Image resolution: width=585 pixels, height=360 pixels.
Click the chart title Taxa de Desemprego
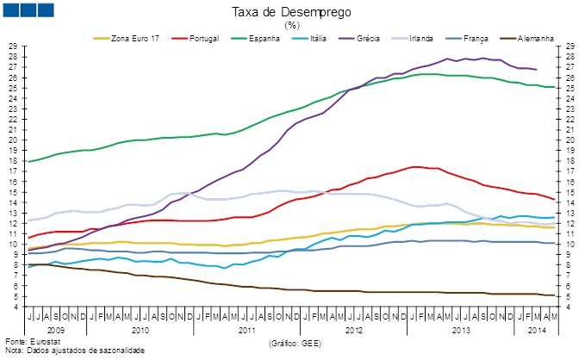coord(291,11)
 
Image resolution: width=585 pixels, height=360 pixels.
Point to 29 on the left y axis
coord(12,46)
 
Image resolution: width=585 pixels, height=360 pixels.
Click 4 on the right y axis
coord(569,307)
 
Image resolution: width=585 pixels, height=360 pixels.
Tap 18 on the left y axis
coord(12,161)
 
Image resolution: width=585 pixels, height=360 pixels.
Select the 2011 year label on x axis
coord(247,329)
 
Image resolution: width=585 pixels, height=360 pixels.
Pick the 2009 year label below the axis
coord(55,329)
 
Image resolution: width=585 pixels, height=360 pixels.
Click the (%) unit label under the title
coord(291,25)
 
